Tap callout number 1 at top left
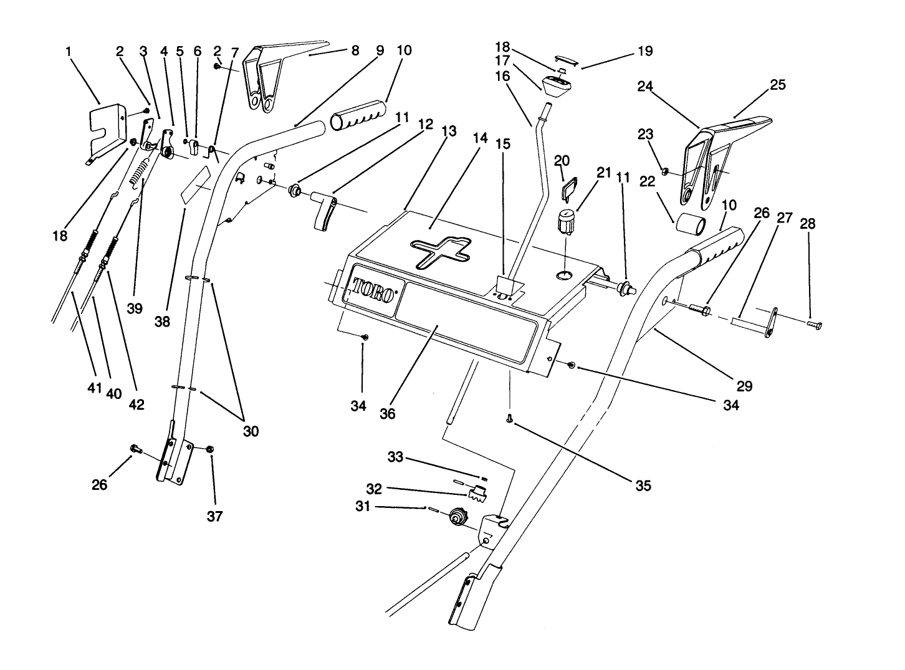tap(69, 51)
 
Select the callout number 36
tap(387, 413)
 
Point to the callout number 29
tap(744, 386)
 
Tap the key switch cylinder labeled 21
tap(565, 222)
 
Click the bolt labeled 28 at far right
tap(813, 324)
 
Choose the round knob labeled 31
tap(458, 517)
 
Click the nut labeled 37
tap(211, 449)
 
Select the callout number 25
tap(778, 85)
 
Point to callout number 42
tap(136, 404)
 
